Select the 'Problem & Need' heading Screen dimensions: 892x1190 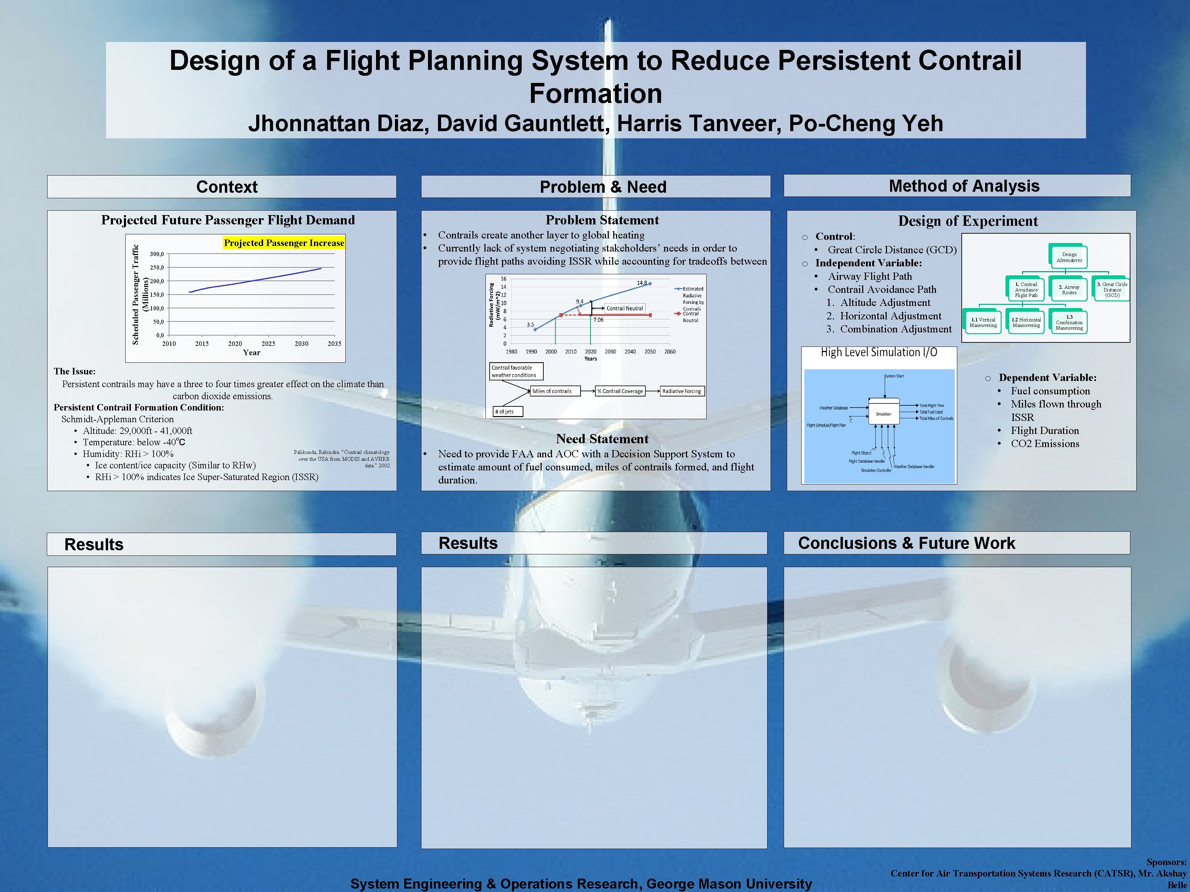point(603,187)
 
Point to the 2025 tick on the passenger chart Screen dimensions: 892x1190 point(268,343)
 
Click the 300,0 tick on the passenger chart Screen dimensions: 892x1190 point(157,254)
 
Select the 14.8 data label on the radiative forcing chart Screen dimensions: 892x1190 point(642,283)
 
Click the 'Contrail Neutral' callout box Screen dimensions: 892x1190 point(624,308)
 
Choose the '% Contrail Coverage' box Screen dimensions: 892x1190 point(620,391)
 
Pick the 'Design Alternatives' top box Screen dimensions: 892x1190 point(1068,257)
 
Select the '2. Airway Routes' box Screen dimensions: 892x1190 point(1069,289)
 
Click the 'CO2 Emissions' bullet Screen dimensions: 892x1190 point(1044,444)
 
